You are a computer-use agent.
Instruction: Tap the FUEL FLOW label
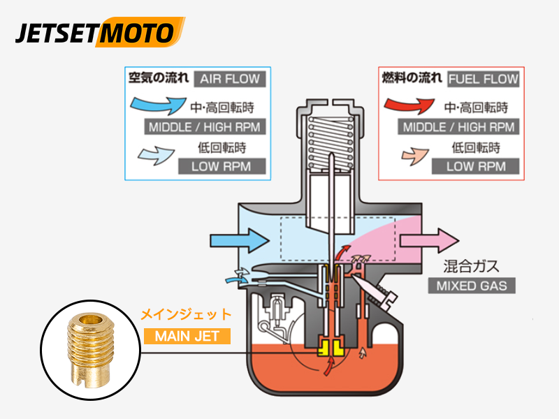484,78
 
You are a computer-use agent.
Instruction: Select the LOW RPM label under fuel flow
475,166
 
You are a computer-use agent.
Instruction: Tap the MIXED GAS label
472,286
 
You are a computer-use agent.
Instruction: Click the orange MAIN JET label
187,336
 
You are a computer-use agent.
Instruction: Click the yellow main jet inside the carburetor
328,345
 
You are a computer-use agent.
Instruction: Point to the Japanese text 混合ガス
472,266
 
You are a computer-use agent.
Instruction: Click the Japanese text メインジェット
186,316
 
